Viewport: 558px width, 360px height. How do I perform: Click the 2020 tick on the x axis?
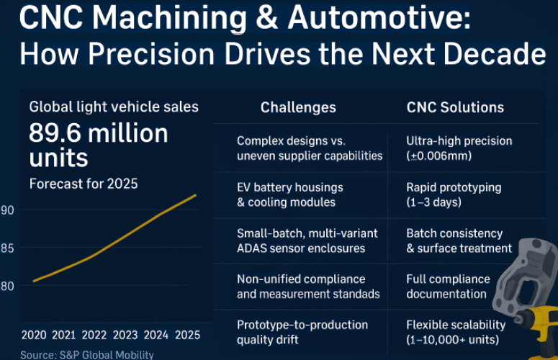pos(33,335)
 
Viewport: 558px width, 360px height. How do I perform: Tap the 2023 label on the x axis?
pos(125,335)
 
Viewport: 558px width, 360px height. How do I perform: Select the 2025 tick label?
pos(187,335)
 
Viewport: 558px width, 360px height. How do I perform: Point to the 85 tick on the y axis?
pos(6,248)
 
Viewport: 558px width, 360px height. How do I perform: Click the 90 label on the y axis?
pos(6,210)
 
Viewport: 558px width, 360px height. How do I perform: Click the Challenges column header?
pos(298,108)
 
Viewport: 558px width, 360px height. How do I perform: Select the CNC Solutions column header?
pos(455,108)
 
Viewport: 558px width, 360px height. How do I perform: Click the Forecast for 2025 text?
pos(83,184)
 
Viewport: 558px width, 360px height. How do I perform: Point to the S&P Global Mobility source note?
pos(86,354)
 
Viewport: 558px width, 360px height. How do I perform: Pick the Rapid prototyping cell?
pos(454,194)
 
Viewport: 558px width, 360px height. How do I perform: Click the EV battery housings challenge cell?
pos(290,194)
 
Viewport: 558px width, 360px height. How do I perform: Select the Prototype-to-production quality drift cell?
pos(302,332)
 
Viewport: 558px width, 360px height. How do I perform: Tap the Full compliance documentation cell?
pos(448,287)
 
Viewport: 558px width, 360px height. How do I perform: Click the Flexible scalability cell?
pos(456,332)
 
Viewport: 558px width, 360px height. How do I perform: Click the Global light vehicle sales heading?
pos(114,107)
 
